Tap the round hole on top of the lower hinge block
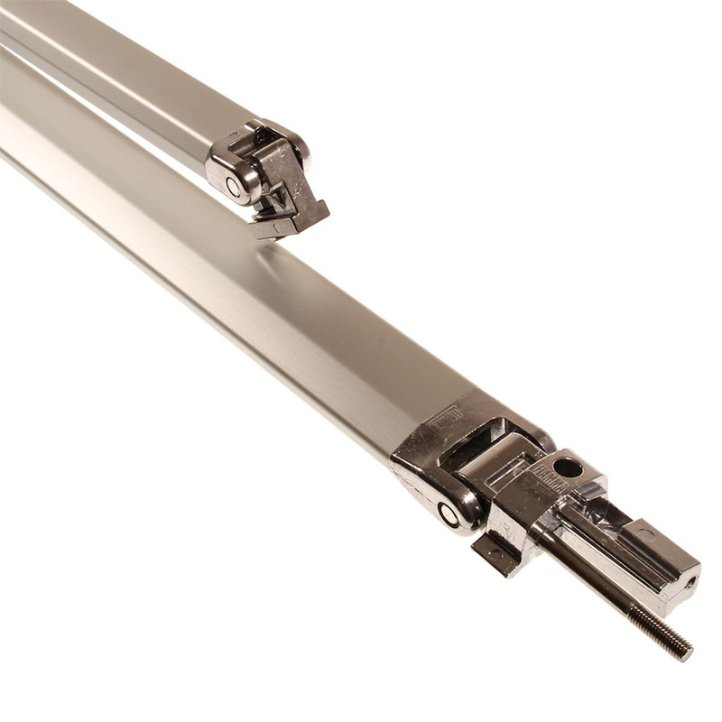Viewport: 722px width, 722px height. pos(568,467)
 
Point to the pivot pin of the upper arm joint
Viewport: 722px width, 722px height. pos(234,187)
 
